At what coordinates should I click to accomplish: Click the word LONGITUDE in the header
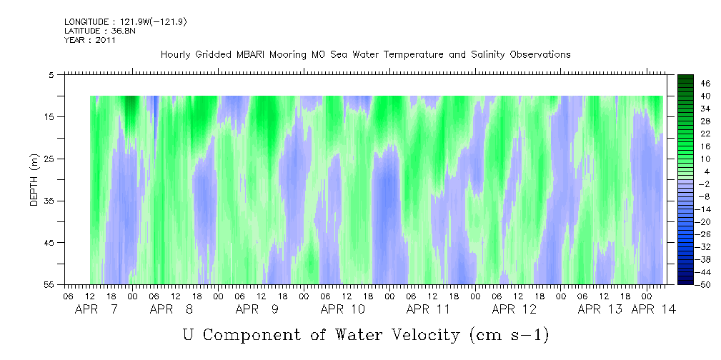click(x=86, y=21)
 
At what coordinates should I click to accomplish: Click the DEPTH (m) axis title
click(x=34, y=179)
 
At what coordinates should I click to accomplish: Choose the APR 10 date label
click(x=342, y=309)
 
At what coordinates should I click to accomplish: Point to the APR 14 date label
click(x=653, y=309)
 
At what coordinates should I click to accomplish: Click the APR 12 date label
click(x=514, y=309)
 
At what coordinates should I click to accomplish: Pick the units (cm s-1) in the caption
click(x=509, y=335)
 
